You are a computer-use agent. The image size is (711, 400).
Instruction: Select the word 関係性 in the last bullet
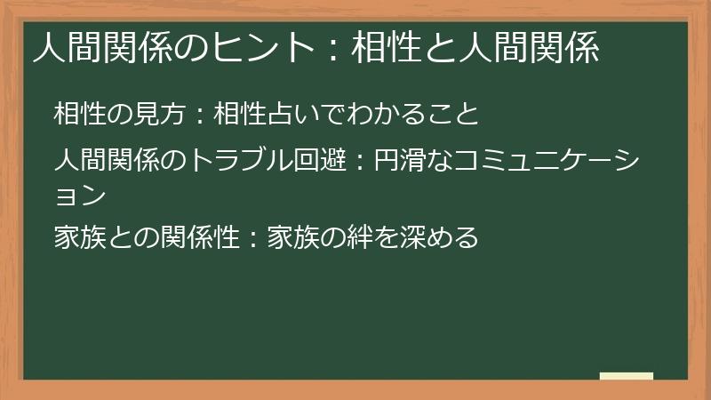200,237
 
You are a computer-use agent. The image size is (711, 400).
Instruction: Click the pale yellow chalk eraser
627,376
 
